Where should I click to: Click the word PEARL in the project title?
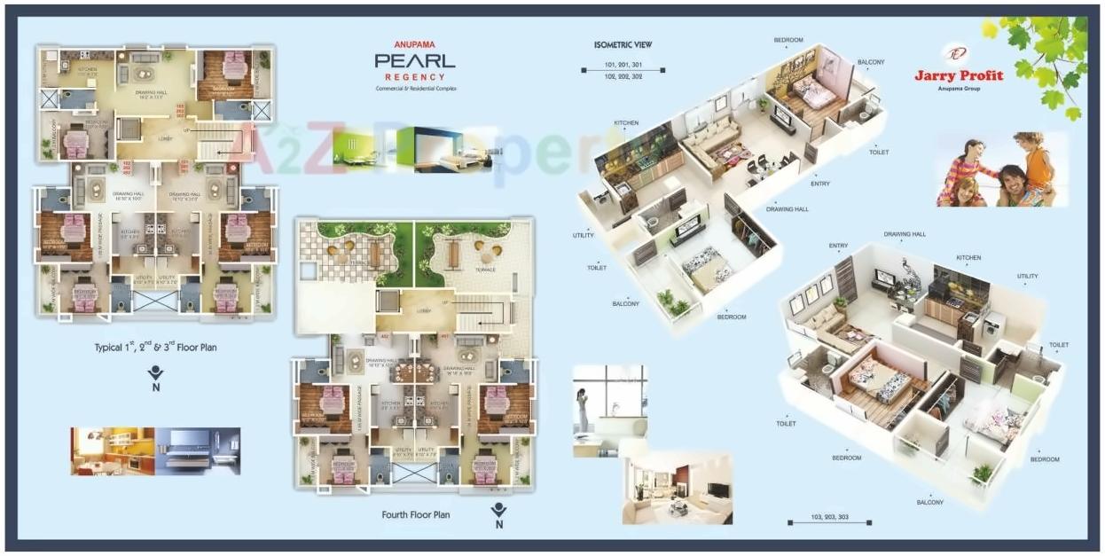tap(414, 61)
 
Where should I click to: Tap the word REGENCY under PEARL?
tap(414, 78)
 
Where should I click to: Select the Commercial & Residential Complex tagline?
tap(414, 90)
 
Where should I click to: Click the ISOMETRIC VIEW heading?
tap(624, 44)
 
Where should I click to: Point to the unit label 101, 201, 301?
tap(623, 65)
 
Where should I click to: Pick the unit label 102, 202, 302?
tap(623, 76)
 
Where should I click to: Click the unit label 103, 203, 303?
tap(828, 517)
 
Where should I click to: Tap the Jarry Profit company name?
tap(959, 75)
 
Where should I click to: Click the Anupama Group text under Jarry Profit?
tap(959, 89)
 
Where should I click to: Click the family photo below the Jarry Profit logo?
tap(1001, 169)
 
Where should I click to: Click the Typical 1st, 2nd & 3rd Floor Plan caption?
tap(155, 348)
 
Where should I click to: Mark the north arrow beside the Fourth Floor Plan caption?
tap(499, 513)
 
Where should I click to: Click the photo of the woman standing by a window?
tap(609, 409)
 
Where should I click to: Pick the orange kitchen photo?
tap(113, 451)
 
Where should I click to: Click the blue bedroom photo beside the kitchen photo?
tap(197, 451)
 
